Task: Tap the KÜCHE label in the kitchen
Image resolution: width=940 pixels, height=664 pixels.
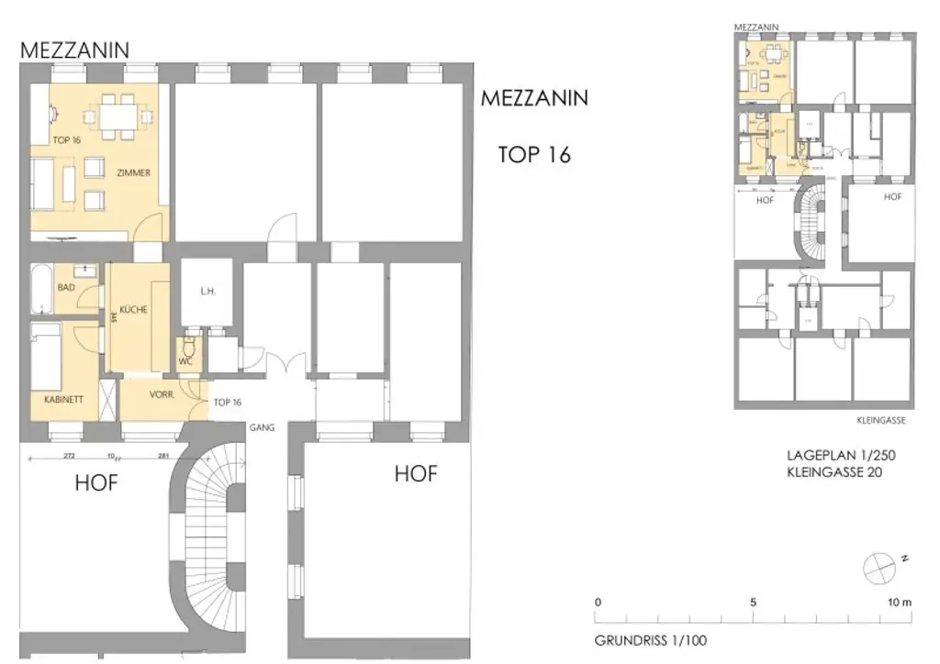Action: pyautogui.click(x=133, y=310)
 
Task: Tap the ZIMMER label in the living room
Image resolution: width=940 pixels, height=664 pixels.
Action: pyautogui.click(x=133, y=172)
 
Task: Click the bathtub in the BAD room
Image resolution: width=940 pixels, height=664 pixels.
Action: pyautogui.click(x=43, y=290)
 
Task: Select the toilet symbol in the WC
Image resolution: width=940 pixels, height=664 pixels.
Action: pyautogui.click(x=188, y=348)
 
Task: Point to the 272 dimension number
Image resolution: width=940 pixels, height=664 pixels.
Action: pyautogui.click(x=70, y=456)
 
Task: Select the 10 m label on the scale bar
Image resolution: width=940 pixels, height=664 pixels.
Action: pyautogui.click(x=900, y=603)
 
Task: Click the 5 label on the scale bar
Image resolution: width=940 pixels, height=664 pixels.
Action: pyautogui.click(x=753, y=603)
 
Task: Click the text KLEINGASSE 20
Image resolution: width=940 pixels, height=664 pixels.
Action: pyautogui.click(x=835, y=473)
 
